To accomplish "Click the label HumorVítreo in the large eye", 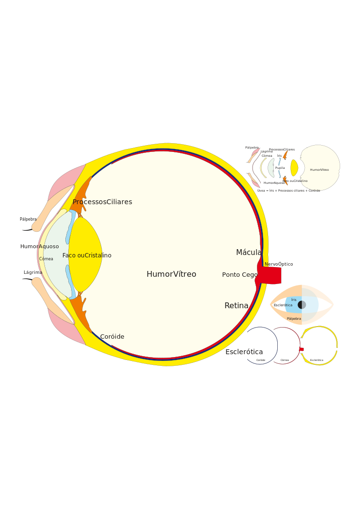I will [x=171, y=274].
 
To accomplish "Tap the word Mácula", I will [x=249, y=253].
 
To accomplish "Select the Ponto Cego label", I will [x=240, y=275].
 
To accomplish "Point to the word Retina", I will [x=236, y=306].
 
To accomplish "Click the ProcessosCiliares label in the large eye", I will [x=102, y=202].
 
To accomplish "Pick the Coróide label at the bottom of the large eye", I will [x=112, y=337].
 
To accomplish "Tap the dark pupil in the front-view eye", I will [x=301, y=305].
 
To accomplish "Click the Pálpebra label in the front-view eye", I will [x=294, y=319].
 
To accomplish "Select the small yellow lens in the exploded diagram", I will [x=294, y=168].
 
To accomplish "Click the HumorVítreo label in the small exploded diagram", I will [x=319, y=170].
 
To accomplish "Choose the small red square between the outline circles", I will [x=301, y=349].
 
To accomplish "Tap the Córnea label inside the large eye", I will [x=46, y=259].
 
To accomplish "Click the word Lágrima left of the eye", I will [x=33, y=272].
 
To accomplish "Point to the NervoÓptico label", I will [x=279, y=264].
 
